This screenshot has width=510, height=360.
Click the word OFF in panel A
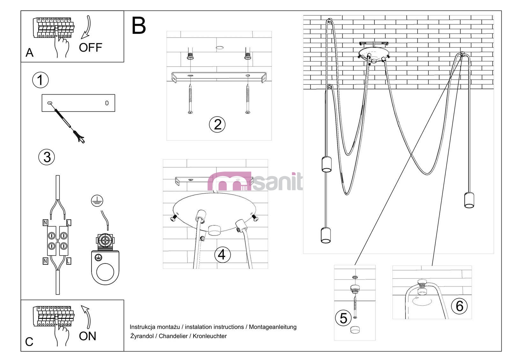(90, 48)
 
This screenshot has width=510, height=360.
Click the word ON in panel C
(87, 336)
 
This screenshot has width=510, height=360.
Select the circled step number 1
(40, 80)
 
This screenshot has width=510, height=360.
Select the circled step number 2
(217, 124)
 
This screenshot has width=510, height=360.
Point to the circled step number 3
(47, 157)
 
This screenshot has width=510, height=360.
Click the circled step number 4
(222, 255)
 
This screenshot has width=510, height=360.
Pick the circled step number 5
(343, 318)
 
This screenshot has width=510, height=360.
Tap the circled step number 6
(459, 306)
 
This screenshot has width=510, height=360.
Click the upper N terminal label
(45, 223)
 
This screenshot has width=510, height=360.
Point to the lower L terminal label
(69, 261)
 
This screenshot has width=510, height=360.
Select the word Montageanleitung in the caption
(273, 327)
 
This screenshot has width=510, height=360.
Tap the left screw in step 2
(190, 99)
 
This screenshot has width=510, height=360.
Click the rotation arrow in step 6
(421, 301)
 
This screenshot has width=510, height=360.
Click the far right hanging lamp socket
(469, 200)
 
